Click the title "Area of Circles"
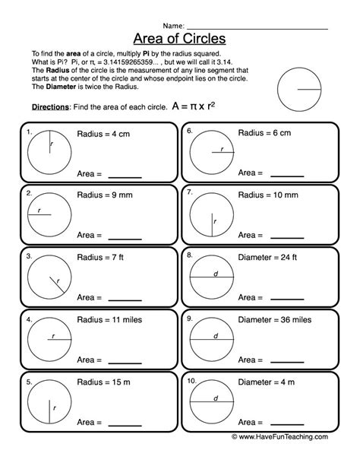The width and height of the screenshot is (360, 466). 179,39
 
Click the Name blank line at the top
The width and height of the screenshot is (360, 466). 257,29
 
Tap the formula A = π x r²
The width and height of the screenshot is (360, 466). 194,106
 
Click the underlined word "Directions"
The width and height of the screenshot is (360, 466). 50,107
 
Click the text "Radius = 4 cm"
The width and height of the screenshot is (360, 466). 103,134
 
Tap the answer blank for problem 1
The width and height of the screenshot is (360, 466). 125,177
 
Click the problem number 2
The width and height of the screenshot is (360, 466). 29,193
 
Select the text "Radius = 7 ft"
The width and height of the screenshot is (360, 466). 100,258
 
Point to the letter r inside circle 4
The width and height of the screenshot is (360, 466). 53,336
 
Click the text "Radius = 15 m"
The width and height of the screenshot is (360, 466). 103,382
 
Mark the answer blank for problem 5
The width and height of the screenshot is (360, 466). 125,426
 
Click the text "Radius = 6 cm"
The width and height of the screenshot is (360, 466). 264,133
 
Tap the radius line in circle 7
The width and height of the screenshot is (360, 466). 212,225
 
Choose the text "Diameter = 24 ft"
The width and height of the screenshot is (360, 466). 267,258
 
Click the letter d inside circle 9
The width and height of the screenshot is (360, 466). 216,336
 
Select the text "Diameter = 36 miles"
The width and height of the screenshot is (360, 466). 275,320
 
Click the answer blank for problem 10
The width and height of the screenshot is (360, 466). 287,425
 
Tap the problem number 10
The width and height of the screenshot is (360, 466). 191,381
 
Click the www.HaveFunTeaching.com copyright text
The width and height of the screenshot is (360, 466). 279,436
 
